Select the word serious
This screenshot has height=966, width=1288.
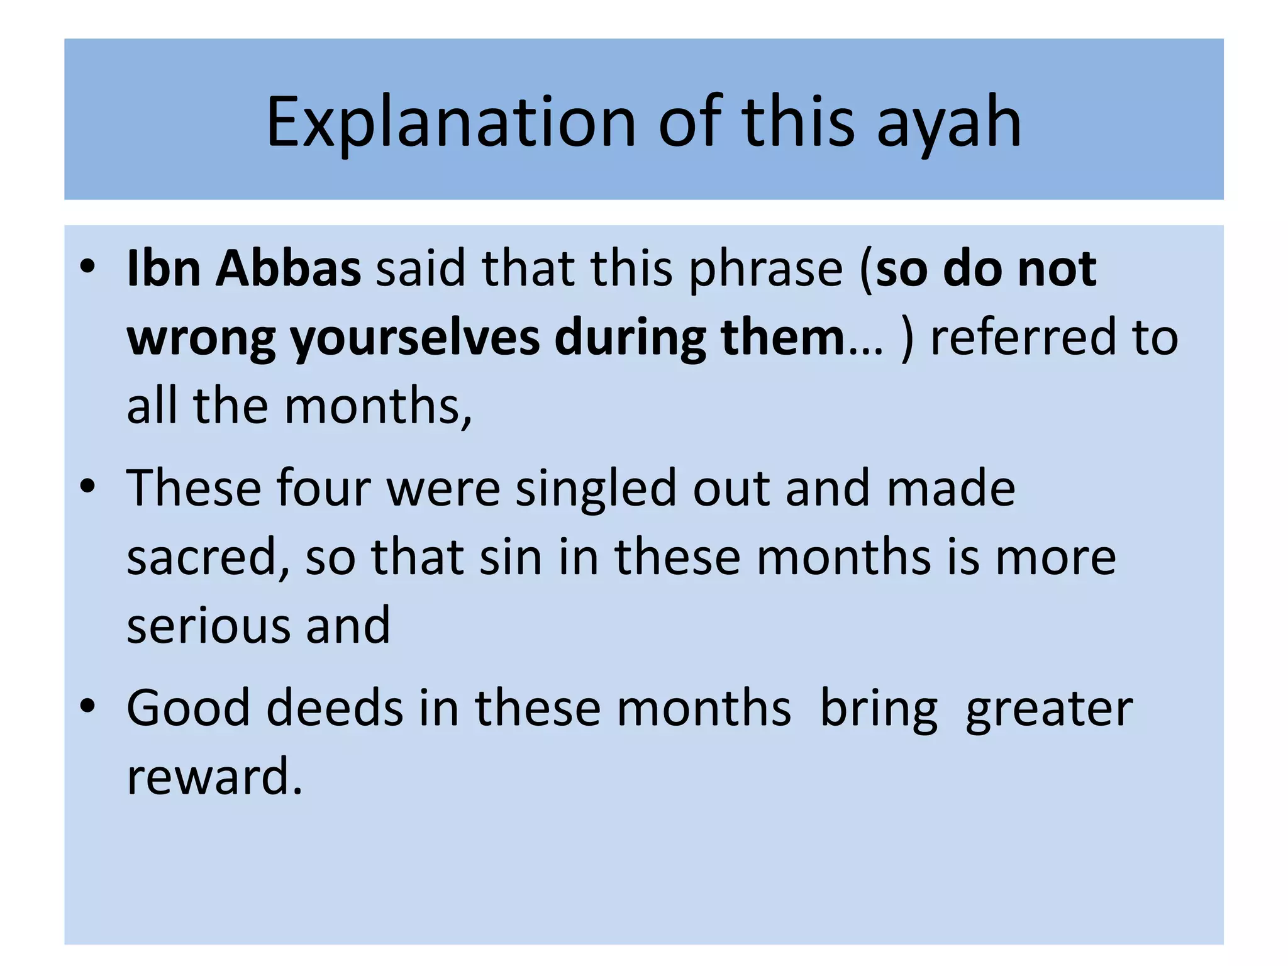tap(208, 625)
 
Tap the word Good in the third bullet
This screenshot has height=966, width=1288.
tap(188, 708)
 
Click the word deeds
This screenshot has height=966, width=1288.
tap(335, 708)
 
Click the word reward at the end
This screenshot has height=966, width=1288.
tap(214, 777)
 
